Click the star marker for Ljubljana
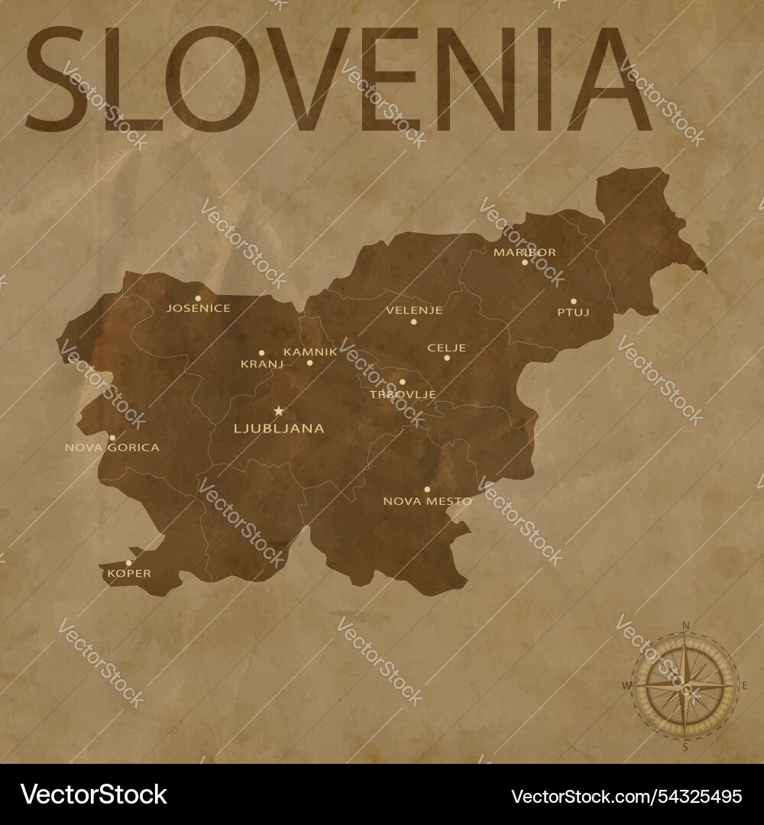pyautogui.click(x=278, y=410)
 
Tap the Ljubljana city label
pyautogui.click(x=278, y=429)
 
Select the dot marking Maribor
pyautogui.click(x=525, y=262)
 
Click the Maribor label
pyautogui.click(x=524, y=251)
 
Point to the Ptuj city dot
pyautogui.click(x=574, y=301)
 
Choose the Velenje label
pyautogui.click(x=414, y=310)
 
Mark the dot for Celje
pyautogui.click(x=447, y=357)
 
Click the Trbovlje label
pyautogui.click(x=403, y=394)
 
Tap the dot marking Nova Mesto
pyautogui.click(x=427, y=489)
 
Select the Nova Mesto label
pyautogui.click(x=427, y=501)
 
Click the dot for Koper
pyautogui.click(x=128, y=563)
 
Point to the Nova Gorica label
pyautogui.click(x=112, y=448)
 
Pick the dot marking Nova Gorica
pyautogui.click(x=112, y=438)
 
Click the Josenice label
pyautogui.click(x=199, y=309)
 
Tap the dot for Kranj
pyautogui.click(x=261, y=353)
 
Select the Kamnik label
pyautogui.click(x=310, y=351)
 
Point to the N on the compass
pyautogui.click(x=685, y=626)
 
